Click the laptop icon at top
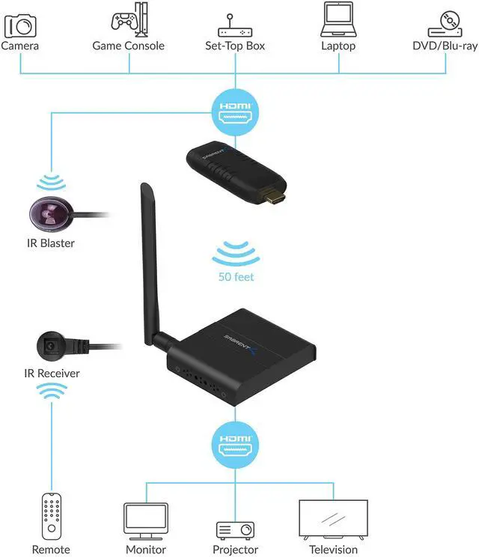pyautogui.click(x=338, y=20)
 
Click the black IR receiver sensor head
pyautogui.click(x=51, y=346)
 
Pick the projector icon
pyautogui.click(x=236, y=529)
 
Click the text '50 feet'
pyautogui.click(x=236, y=277)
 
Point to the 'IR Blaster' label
pyautogui.click(x=49, y=243)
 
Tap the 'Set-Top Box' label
pyautogui.click(x=235, y=46)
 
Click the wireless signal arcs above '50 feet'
pyautogui.click(x=236, y=254)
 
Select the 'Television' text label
pyautogui.click(x=333, y=550)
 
